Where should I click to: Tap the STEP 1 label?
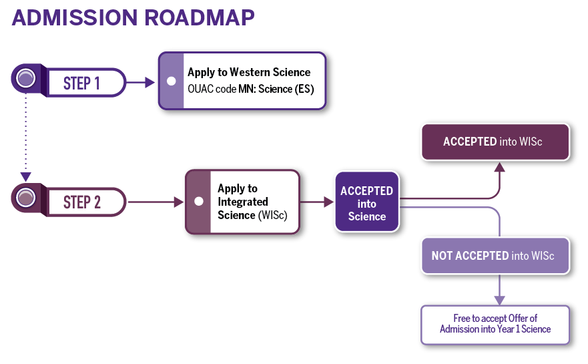[81, 83]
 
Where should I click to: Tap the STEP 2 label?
[81, 202]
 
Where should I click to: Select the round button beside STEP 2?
[26, 198]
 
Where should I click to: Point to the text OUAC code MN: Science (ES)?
[250, 89]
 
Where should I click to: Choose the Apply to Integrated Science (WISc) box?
[243, 202]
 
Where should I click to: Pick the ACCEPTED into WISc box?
[495, 142]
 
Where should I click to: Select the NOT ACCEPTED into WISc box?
[495, 256]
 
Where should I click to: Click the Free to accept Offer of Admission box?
[495, 324]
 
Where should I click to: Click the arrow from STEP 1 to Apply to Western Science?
[141, 83]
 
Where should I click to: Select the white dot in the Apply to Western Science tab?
[171, 81]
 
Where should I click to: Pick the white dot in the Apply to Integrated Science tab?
[198, 201]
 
